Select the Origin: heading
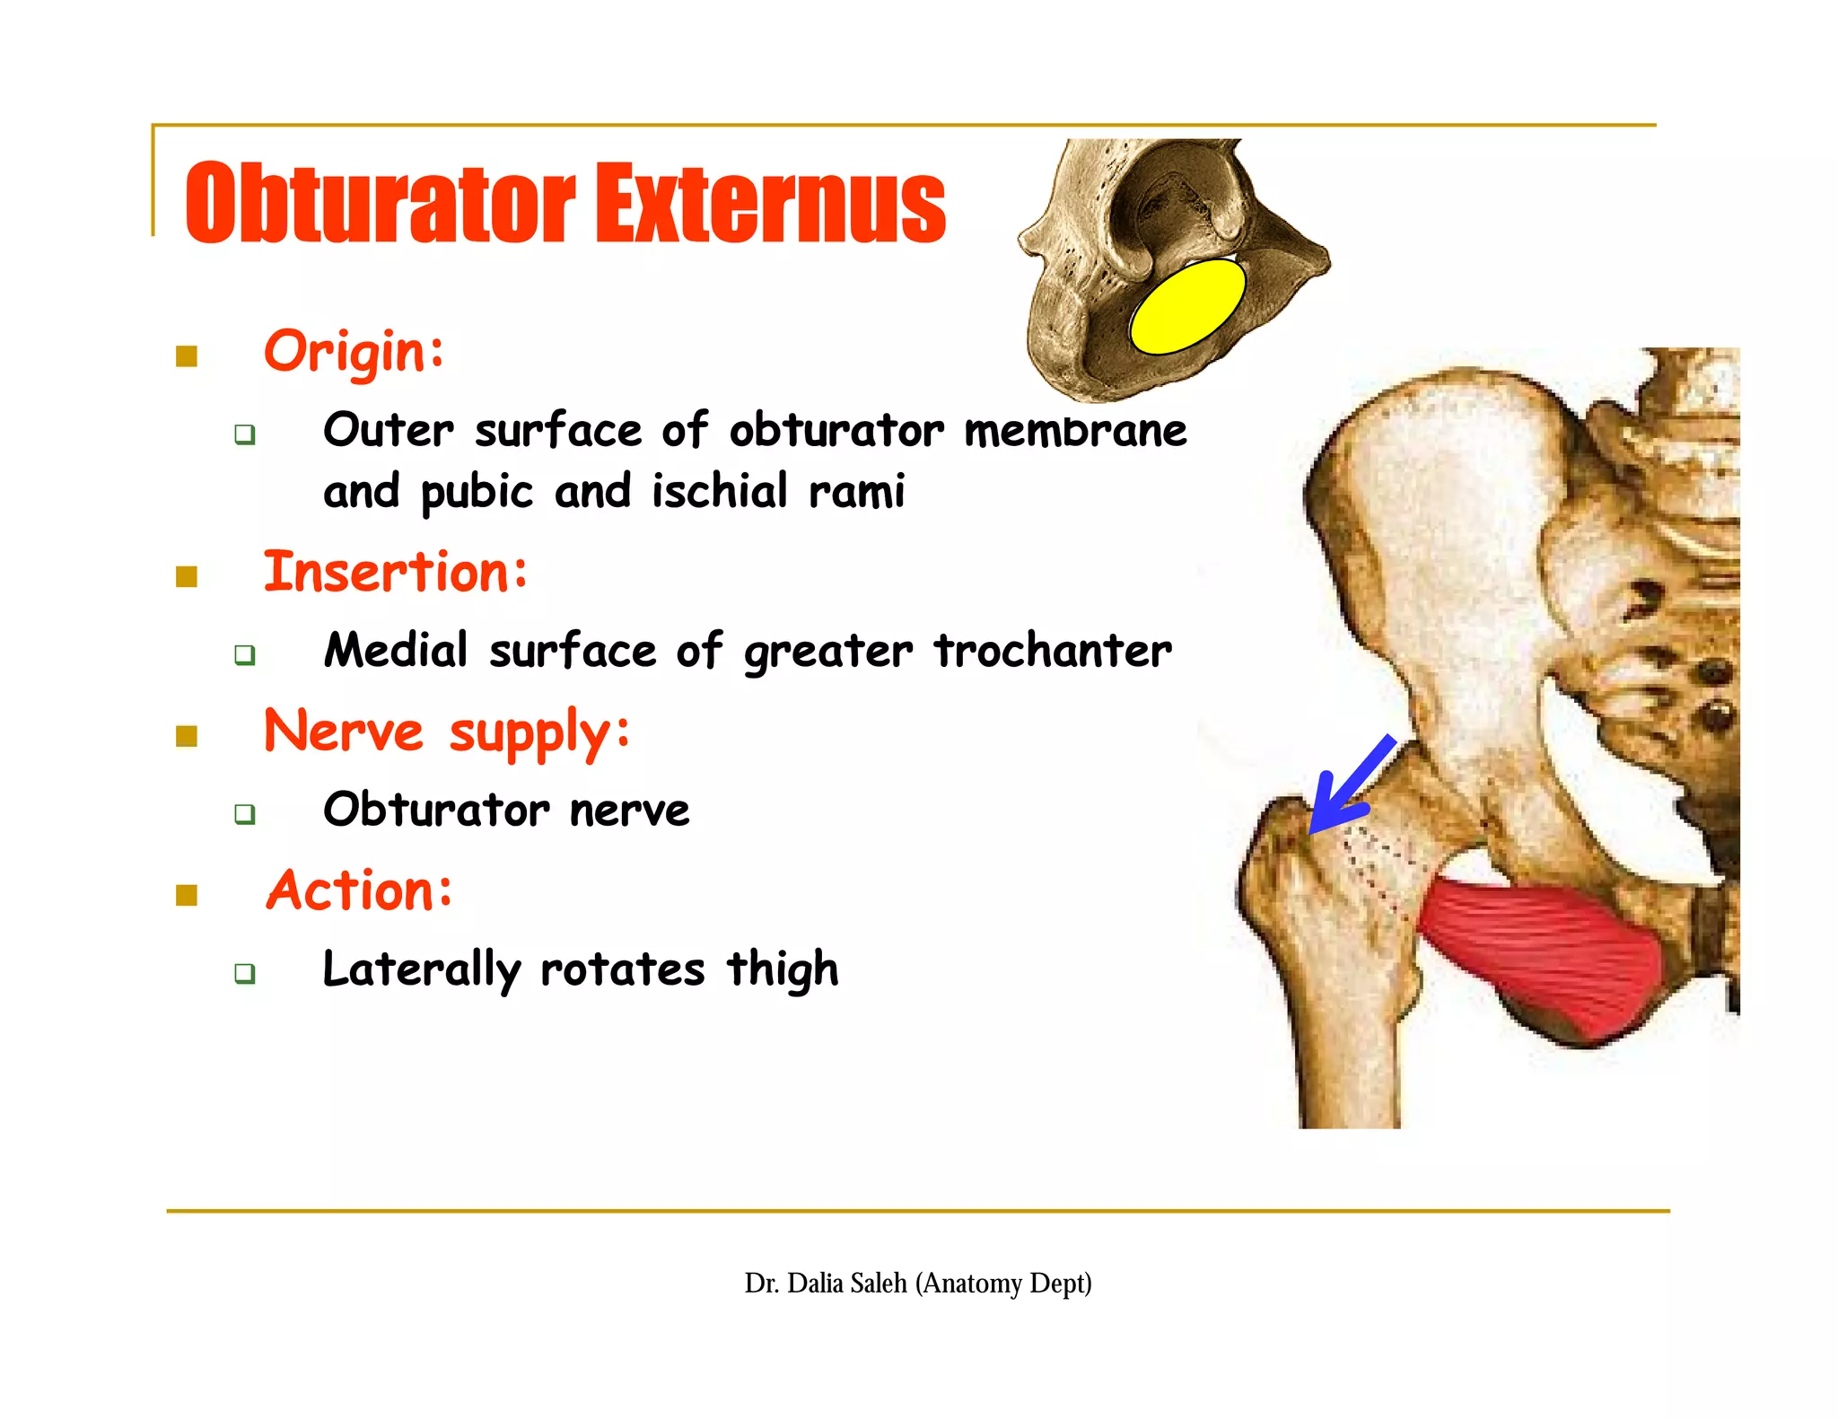click(354, 351)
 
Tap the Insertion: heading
click(396, 572)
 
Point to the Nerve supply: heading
click(447, 732)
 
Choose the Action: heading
click(359, 890)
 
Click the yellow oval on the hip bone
click(1186, 306)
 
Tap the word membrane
click(1075, 430)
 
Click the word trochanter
click(1053, 650)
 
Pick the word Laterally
click(421, 969)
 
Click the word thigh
click(783, 969)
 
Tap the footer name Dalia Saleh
click(846, 1283)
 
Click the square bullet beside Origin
click(187, 356)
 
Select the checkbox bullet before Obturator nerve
click(244, 814)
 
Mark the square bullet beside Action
click(187, 895)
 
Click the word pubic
click(477, 492)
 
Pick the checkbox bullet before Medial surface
click(244, 654)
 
